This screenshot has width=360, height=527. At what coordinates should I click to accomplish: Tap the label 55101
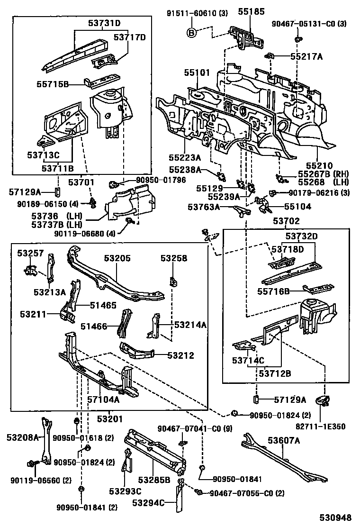click(x=197, y=73)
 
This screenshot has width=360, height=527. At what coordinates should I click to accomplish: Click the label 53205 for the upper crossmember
click(x=117, y=258)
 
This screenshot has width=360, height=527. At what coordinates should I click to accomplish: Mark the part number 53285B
click(x=154, y=480)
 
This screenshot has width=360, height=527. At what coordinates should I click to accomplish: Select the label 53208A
click(x=22, y=437)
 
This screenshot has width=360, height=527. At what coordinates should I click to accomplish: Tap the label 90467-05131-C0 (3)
click(x=316, y=24)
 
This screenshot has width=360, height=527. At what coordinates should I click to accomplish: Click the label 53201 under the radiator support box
click(x=110, y=419)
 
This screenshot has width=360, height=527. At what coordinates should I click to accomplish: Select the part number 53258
click(x=173, y=258)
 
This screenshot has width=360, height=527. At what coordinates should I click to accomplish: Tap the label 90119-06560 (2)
click(x=41, y=480)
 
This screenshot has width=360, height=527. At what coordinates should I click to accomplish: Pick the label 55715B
click(x=53, y=84)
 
